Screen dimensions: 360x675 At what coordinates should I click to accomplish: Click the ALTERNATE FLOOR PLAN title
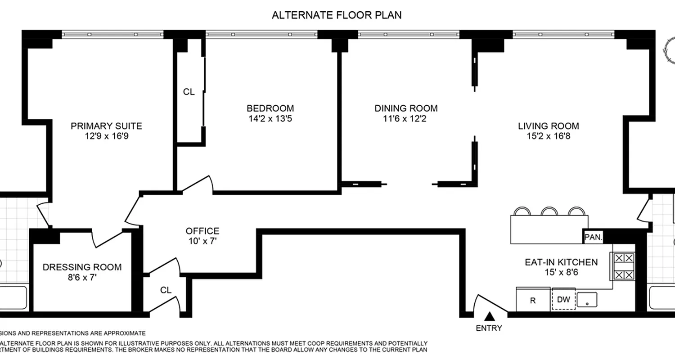pyautogui.click(x=337, y=15)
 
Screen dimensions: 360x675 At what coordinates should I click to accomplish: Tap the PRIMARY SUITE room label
pyautogui.click(x=106, y=126)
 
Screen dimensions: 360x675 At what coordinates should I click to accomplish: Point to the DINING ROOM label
pyautogui.click(x=406, y=108)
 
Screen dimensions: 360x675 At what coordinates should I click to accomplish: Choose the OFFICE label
pyautogui.click(x=202, y=231)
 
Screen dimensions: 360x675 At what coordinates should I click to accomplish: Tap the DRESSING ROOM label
pyautogui.click(x=82, y=267)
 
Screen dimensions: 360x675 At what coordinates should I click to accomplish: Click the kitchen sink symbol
pyautogui.click(x=587, y=299)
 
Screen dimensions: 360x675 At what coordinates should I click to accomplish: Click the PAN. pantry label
pyautogui.click(x=593, y=237)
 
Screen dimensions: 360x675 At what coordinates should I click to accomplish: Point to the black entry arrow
pyautogui.click(x=489, y=316)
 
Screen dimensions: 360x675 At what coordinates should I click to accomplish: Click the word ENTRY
pyautogui.click(x=489, y=328)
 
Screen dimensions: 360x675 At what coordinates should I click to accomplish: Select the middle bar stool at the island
pyautogui.click(x=549, y=211)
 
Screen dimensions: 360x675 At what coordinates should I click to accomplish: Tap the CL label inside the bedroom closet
pyautogui.click(x=189, y=92)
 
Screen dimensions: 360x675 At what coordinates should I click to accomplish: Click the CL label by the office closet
pyautogui.click(x=166, y=290)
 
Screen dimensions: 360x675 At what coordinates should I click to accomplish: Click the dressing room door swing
pyautogui.click(x=108, y=238)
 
